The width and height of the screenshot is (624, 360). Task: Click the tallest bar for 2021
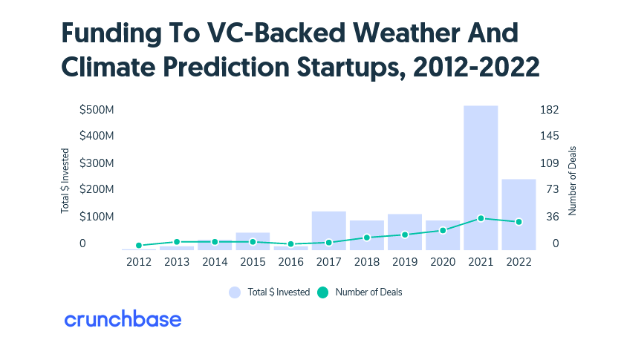point(481,177)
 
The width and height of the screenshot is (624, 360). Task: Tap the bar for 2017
point(328,230)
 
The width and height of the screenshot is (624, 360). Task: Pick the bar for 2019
point(405,232)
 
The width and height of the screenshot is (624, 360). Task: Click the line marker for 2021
point(481,218)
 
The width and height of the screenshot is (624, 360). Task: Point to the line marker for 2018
point(366,238)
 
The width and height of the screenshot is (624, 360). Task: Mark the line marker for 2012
point(139,245)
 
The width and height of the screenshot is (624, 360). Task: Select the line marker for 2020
point(443,230)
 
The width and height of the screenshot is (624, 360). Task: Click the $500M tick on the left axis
point(97,110)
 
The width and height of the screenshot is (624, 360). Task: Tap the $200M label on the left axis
point(97,190)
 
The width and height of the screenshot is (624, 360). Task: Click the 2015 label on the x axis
point(253,262)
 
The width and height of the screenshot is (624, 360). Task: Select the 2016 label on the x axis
point(290,262)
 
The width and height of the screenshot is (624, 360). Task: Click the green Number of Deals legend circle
point(322,292)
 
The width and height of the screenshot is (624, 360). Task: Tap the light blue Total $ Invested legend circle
point(235,292)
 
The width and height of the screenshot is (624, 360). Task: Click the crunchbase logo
point(123,320)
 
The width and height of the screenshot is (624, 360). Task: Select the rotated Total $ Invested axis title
point(65,182)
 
